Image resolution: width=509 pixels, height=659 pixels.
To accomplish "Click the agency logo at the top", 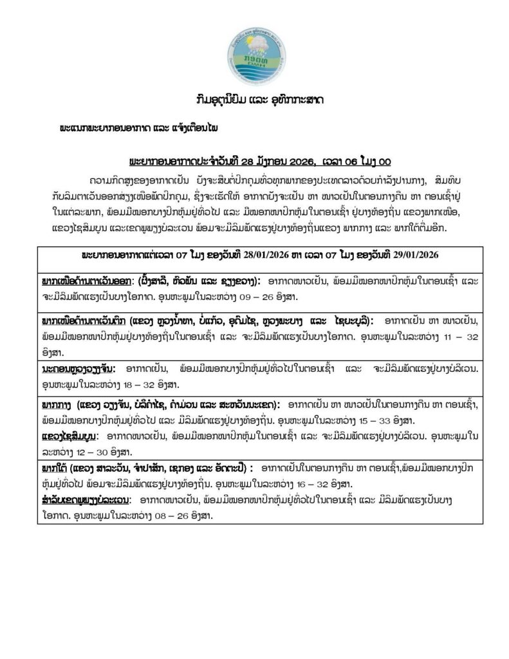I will pyautogui.click(x=254, y=53).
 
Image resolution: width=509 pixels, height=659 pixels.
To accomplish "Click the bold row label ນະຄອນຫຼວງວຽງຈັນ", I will pyautogui.click(x=77, y=369).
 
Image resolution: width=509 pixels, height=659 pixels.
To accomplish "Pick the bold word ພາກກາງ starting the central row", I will pyautogui.click(x=57, y=405).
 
